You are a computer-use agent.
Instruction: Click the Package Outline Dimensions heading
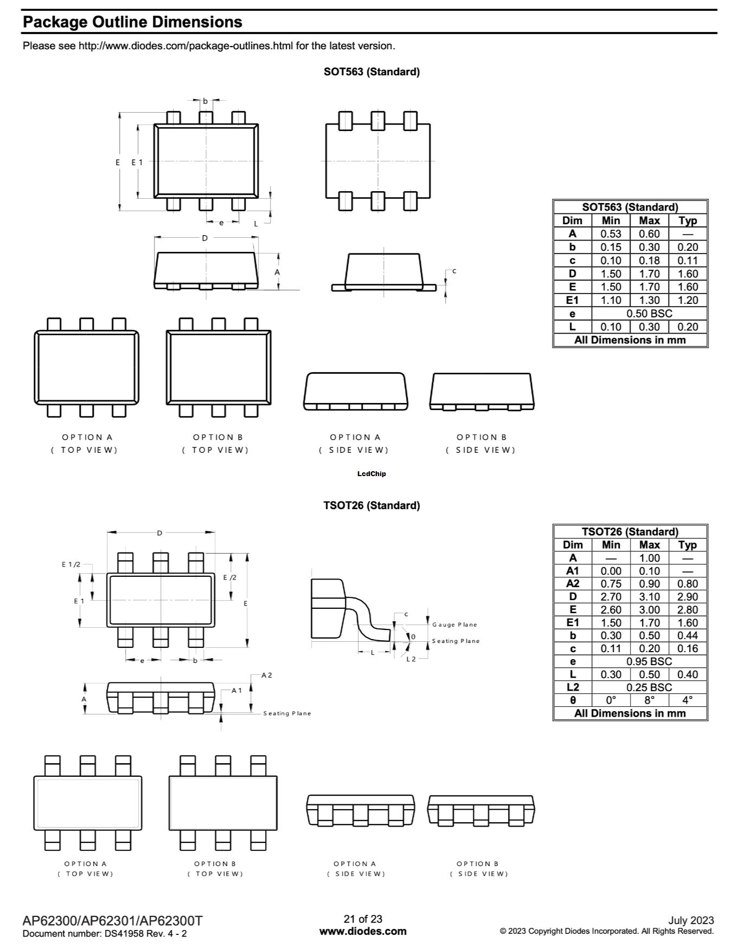pyautogui.click(x=132, y=22)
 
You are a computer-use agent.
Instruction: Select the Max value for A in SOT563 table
pyautogui.click(x=649, y=234)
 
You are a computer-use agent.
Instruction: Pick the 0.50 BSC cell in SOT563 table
pyautogui.click(x=649, y=314)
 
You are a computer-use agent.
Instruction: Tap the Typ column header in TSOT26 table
pyautogui.click(x=687, y=545)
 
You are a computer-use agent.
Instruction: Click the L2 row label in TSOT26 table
pyautogui.click(x=573, y=687)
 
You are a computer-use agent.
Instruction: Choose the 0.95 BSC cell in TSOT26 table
pyautogui.click(x=649, y=661)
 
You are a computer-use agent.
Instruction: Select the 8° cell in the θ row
pyautogui.click(x=649, y=700)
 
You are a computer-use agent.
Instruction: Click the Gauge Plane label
pyautogui.click(x=454, y=625)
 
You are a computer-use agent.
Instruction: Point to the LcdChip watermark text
pyautogui.click(x=371, y=474)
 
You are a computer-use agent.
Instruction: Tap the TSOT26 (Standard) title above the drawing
pyautogui.click(x=371, y=505)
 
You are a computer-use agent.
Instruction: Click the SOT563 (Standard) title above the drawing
pyautogui.click(x=371, y=72)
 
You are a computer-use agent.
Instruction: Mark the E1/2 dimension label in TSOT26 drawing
pyautogui.click(x=70, y=564)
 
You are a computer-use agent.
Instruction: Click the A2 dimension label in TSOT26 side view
pyautogui.click(x=266, y=675)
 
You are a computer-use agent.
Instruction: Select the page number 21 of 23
pyautogui.click(x=363, y=919)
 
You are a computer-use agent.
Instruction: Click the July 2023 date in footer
pyautogui.click(x=691, y=920)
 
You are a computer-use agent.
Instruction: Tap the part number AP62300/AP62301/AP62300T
pyautogui.click(x=113, y=921)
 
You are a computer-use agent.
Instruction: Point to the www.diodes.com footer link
pyautogui.click(x=363, y=932)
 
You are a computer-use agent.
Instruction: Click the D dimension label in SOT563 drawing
pyautogui.click(x=204, y=238)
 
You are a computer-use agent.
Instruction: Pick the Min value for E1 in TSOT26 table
pyautogui.click(x=611, y=623)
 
